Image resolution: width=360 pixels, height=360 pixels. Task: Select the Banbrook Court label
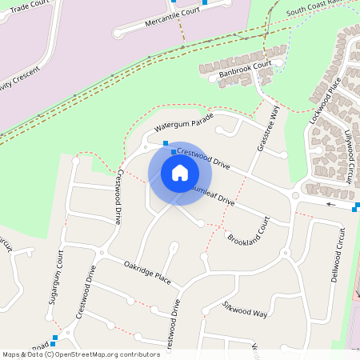[245, 70]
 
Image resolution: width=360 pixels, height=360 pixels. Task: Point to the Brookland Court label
[249, 230]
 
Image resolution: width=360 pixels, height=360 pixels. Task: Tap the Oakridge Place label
[147, 271]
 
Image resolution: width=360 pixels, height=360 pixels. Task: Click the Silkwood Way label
[245, 310]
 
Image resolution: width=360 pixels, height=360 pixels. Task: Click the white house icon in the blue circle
[180, 173]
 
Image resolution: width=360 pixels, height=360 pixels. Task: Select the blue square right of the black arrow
[355, 207]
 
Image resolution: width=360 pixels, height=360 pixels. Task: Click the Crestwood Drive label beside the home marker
[202, 157]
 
